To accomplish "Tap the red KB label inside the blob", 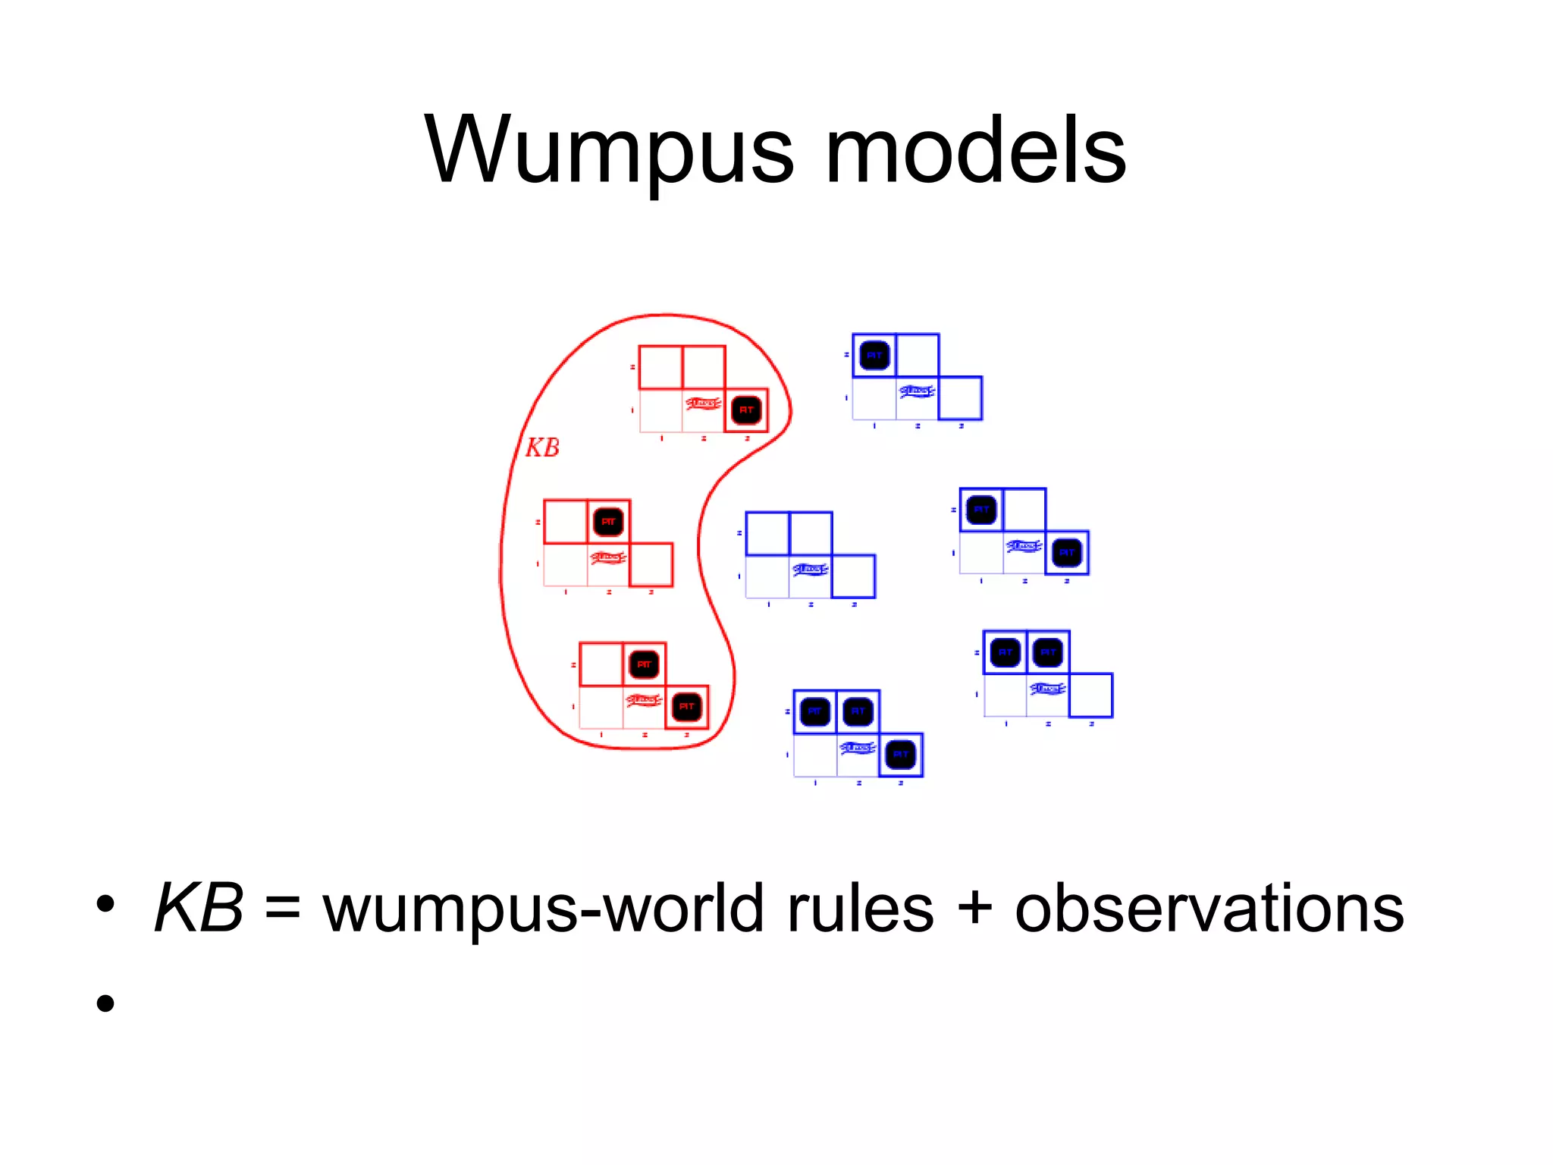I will (x=543, y=447).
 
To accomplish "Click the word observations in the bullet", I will (x=1209, y=909).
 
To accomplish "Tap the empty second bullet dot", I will (x=105, y=1003).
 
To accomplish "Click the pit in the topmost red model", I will (x=746, y=410).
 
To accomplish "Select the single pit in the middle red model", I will (x=608, y=522).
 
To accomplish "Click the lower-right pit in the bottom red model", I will (x=686, y=707).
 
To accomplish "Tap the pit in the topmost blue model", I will (x=874, y=355).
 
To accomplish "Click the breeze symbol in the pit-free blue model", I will (x=810, y=570).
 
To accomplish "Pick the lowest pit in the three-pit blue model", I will (x=901, y=755).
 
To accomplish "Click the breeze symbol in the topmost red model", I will (x=703, y=403).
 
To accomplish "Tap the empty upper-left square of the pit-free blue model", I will (x=767, y=534).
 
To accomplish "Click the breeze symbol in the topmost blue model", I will (x=917, y=391).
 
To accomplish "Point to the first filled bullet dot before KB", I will (x=105, y=904).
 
